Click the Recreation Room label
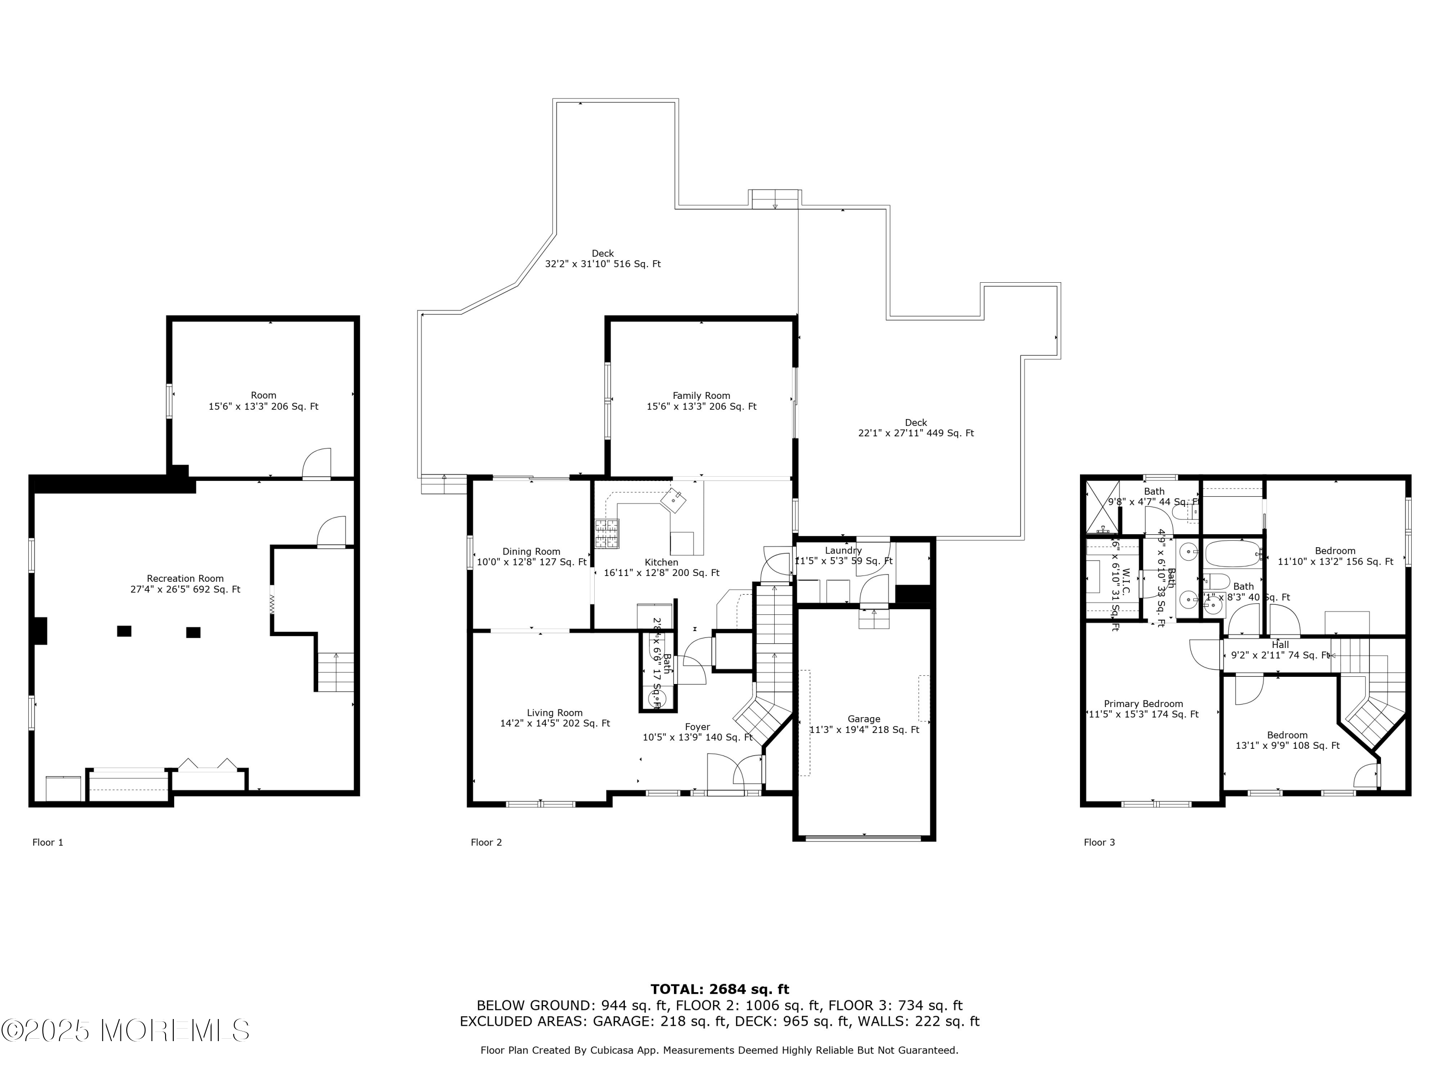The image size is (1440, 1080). [x=185, y=578]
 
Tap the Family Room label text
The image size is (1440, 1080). [x=701, y=395]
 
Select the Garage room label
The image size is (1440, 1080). [x=864, y=719]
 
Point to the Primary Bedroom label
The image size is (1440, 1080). [x=1143, y=703]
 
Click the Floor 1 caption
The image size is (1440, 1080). [x=48, y=842]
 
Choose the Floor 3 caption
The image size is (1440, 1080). [x=1099, y=842]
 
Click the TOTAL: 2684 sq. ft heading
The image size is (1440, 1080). [x=720, y=989]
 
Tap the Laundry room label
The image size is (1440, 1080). [x=843, y=550]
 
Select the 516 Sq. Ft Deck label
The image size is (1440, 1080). [x=603, y=258]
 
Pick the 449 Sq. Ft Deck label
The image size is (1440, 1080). [x=915, y=428]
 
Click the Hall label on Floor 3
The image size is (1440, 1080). [x=1280, y=645]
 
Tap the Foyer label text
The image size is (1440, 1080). [x=697, y=727]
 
